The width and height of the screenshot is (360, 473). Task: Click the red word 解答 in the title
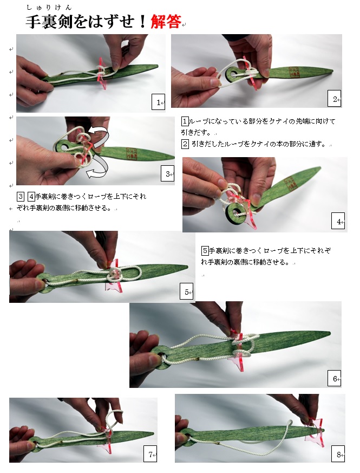pos(166,22)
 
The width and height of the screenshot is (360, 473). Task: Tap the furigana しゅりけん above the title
pos(49,8)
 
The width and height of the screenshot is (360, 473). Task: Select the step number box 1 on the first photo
pos(158,102)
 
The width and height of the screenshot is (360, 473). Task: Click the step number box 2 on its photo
pos(334,99)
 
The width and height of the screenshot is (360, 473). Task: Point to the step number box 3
pos(167,173)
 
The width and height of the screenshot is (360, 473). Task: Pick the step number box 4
pos(338,221)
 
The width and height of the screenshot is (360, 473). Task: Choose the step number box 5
pos(186,291)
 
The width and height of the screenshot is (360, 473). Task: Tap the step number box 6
pos(334,378)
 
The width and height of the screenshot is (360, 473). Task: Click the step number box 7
pos(150,453)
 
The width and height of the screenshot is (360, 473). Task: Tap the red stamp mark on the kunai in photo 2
pos(294,72)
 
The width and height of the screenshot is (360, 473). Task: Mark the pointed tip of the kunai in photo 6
pos(330,333)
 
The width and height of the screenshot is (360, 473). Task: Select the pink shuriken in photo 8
pos(314,431)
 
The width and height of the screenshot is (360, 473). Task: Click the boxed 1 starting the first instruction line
pos(185,121)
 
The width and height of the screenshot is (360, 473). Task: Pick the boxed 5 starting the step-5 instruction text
pos(205,250)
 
